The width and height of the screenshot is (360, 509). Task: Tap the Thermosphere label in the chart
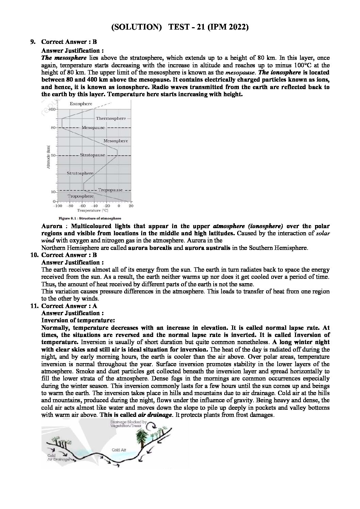[111, 119]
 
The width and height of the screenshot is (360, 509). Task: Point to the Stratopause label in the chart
[92, 155]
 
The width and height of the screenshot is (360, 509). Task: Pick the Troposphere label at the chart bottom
[80, 196]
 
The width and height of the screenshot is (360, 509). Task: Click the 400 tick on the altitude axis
[51, 109]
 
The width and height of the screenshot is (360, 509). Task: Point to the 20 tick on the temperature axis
[131, 206]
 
